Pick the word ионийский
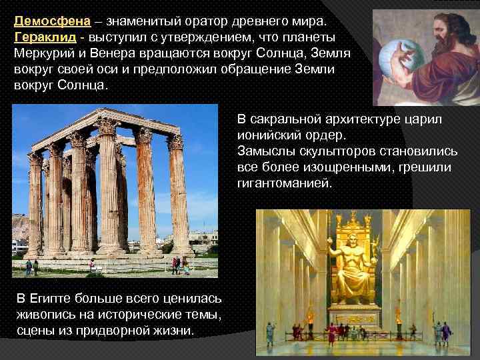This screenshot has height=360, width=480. tap(273, 135)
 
